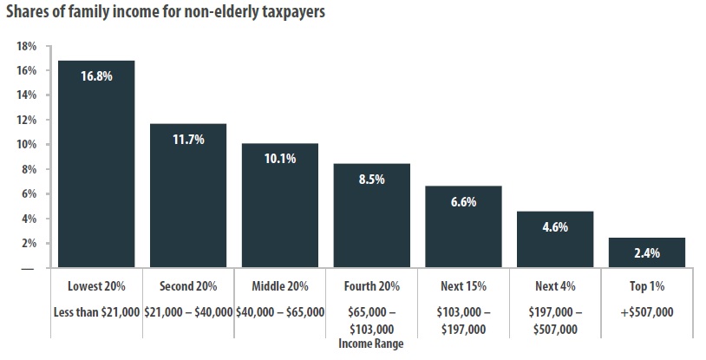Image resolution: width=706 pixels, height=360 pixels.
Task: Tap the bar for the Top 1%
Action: coord(647,252)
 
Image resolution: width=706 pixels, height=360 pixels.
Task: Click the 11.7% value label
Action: coord(188,139)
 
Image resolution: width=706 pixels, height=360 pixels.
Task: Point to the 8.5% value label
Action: coord(371,179)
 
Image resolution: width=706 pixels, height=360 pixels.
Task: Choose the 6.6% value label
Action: coord(463,201)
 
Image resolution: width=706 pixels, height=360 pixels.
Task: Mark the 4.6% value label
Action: coord(555,226)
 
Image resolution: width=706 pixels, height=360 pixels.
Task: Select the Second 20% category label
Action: coord(188,286)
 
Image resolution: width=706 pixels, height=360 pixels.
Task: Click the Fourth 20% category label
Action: coord(371,286)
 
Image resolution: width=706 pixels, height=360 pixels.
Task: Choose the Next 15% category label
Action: coord(463,286)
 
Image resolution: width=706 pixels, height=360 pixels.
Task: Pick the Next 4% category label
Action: coord(555,286)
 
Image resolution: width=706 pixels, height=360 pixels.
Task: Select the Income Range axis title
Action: coord(371,343)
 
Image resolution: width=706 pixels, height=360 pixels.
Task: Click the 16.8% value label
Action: coord(96,75)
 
